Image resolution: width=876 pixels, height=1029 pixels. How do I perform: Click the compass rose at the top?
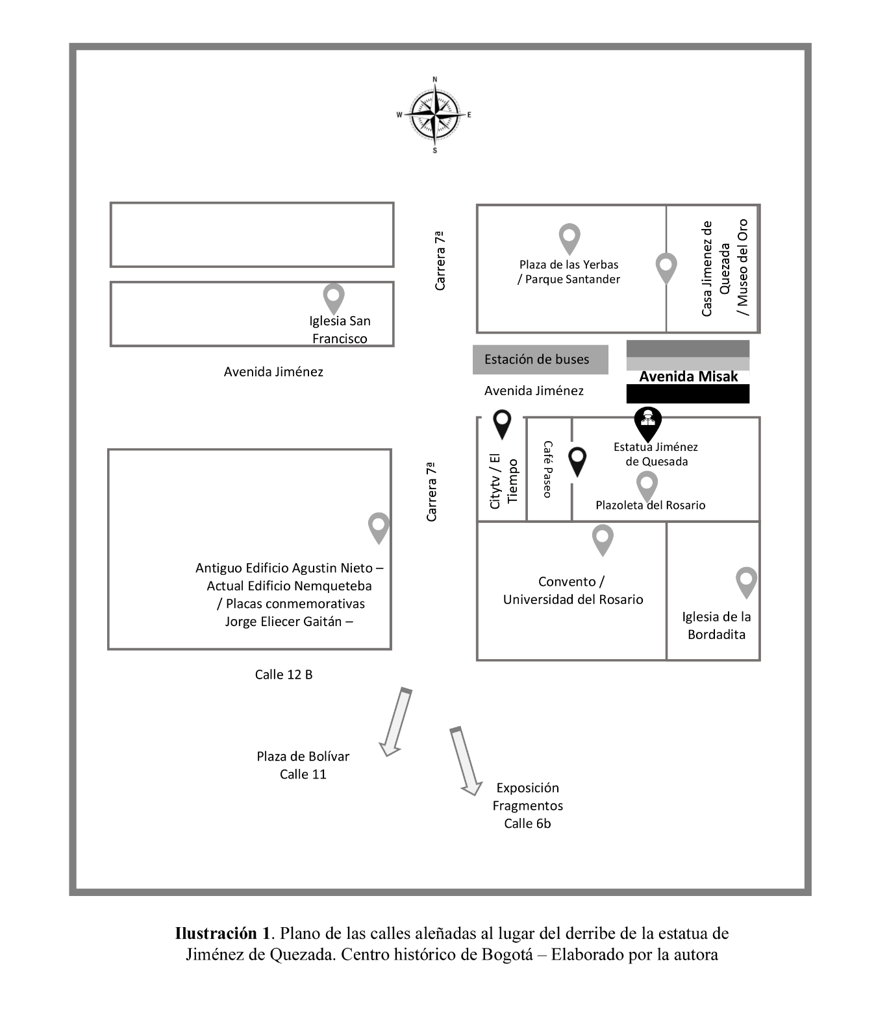pos(434,115)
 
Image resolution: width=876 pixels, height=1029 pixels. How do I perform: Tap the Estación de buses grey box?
pos(540,359)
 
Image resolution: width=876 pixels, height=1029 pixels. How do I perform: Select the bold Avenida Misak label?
pos(688,376)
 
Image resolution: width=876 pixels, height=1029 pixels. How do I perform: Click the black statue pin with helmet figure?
pos(647,424)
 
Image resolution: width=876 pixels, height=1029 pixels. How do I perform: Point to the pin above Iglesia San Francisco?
pos(334,298)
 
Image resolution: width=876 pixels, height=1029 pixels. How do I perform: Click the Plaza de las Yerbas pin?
pos(569,239)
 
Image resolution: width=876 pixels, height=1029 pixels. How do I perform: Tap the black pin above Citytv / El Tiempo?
pos(502,424)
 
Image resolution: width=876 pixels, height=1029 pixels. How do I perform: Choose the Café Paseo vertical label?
pos(547,469)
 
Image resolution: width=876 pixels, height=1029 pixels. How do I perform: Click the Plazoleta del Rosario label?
pos(651,505)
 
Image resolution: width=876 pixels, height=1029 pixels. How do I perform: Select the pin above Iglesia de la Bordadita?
pos(746,582)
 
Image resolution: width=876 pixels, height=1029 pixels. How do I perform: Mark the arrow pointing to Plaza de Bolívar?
pos(395,722)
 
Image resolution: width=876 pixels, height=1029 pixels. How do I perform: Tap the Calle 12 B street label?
pos(284,675)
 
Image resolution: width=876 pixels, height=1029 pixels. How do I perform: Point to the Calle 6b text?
pos(527,823)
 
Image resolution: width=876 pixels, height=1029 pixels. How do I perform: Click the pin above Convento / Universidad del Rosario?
pos(603,540)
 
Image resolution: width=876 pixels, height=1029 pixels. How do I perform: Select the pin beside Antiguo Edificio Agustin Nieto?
pos(379,527)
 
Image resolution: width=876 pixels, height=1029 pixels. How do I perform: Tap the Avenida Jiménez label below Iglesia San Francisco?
pos(273,372)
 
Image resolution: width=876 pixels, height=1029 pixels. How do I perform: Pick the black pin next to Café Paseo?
pos(577,462)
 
